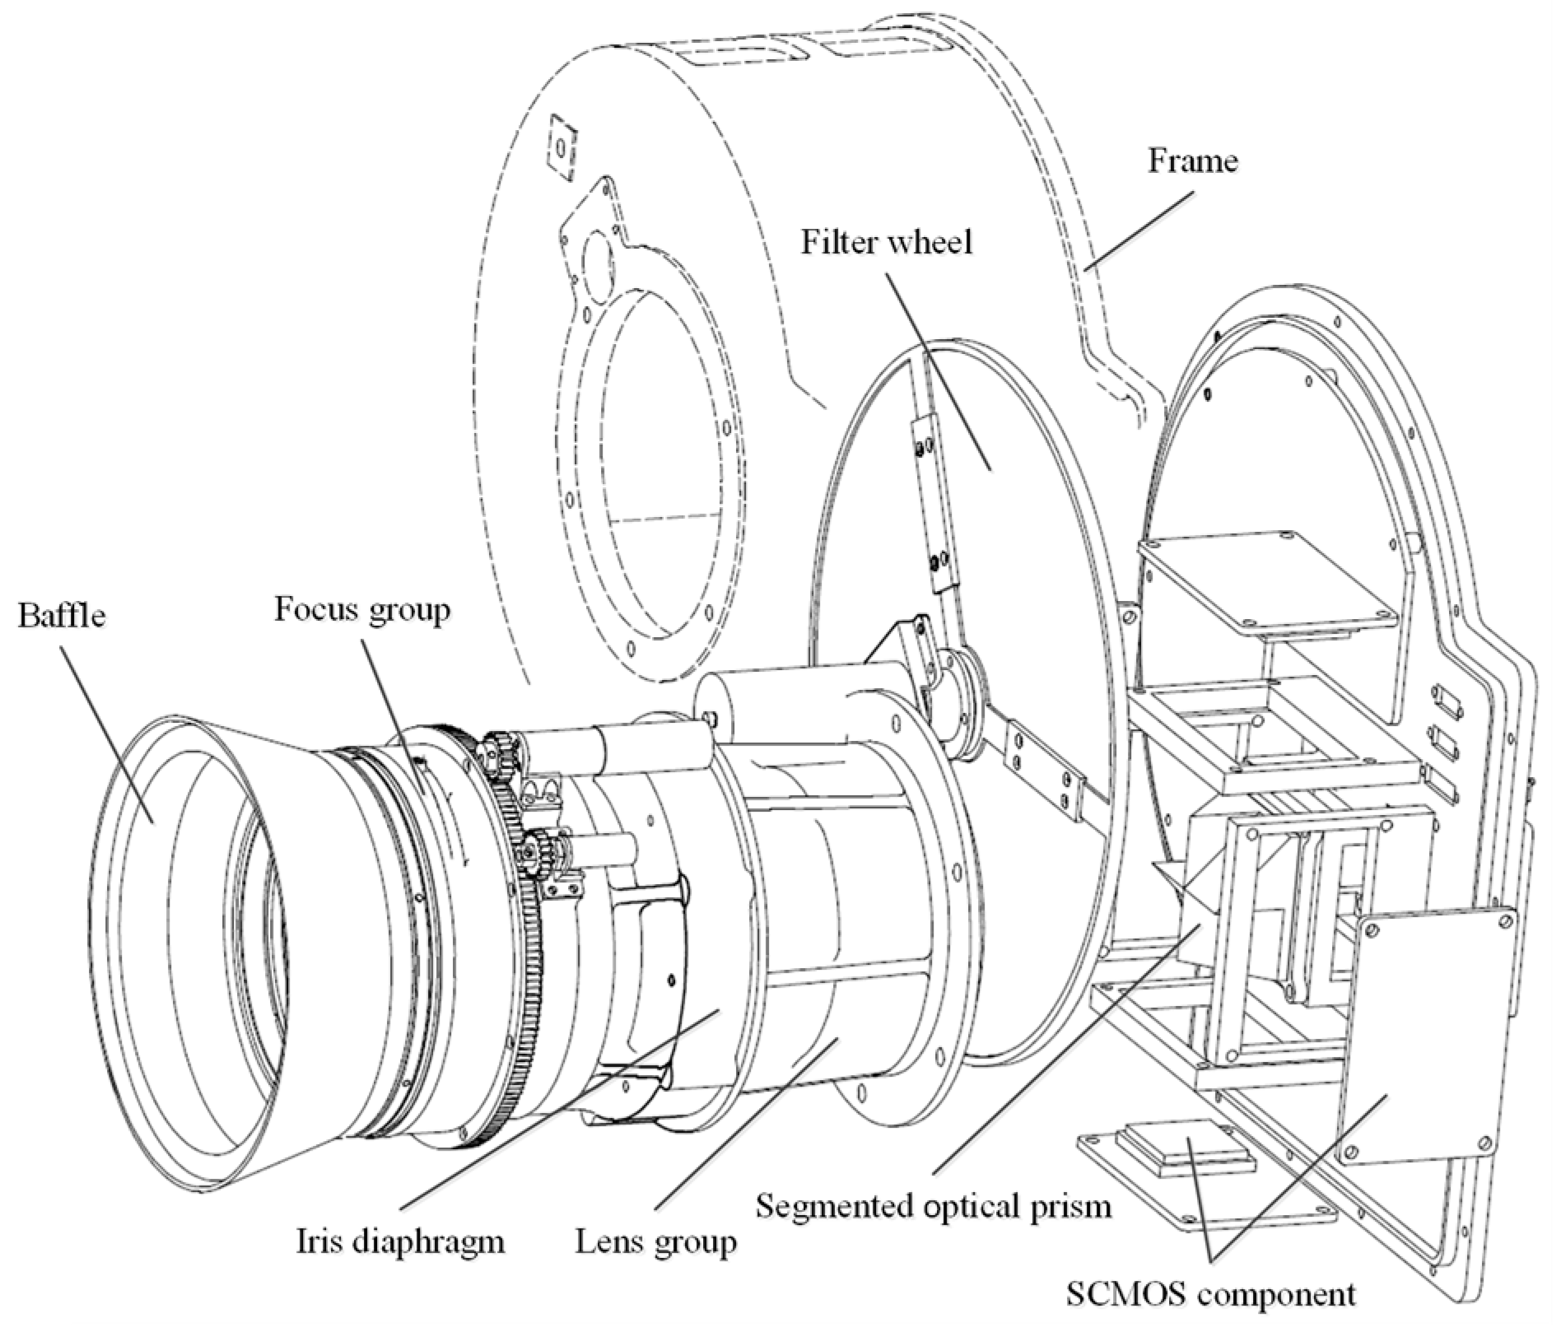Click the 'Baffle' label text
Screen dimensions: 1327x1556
62,615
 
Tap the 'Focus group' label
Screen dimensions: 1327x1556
362,610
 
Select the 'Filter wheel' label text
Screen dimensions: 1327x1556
887,242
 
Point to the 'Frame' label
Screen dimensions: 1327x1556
1192,161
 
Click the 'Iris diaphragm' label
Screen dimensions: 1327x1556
400,1241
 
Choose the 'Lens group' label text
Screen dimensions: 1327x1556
655,1241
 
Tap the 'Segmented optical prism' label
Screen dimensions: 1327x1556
934,1206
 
